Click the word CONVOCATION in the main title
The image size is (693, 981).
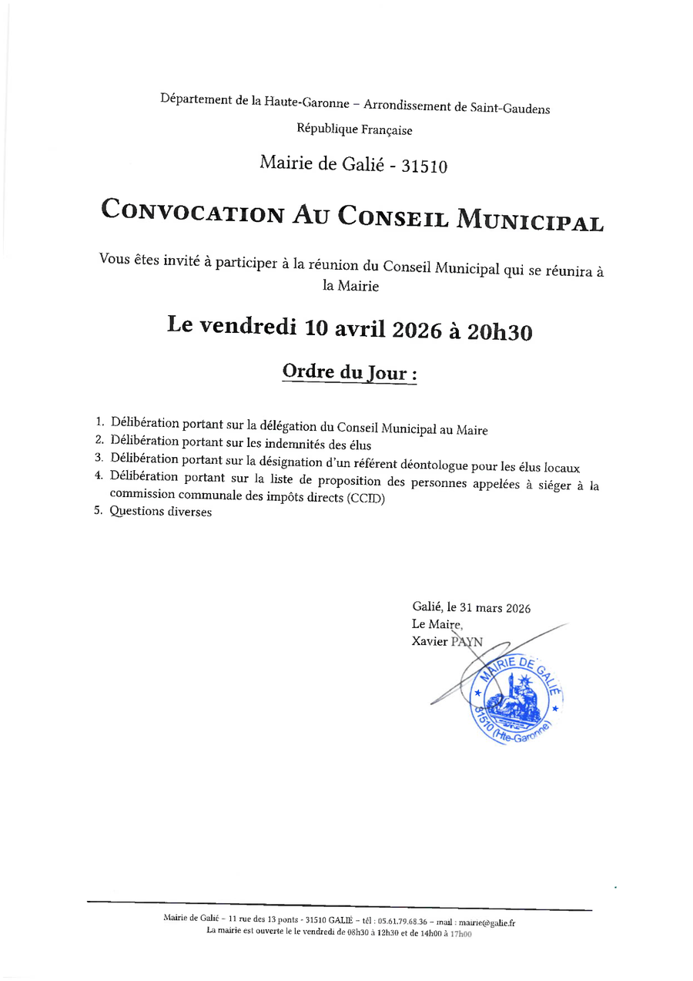[x=193, y=211]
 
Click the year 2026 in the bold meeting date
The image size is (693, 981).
[x=417, y=330]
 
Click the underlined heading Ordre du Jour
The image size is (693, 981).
[x=350, y=372]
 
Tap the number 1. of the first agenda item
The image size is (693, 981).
[x=99, y=422]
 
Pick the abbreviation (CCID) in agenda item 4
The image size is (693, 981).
[x=365, y=498]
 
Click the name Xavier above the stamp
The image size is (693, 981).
[x=430, y=640]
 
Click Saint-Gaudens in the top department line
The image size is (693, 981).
[x=510, y=109]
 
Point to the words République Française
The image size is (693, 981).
[x=354, y=130]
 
